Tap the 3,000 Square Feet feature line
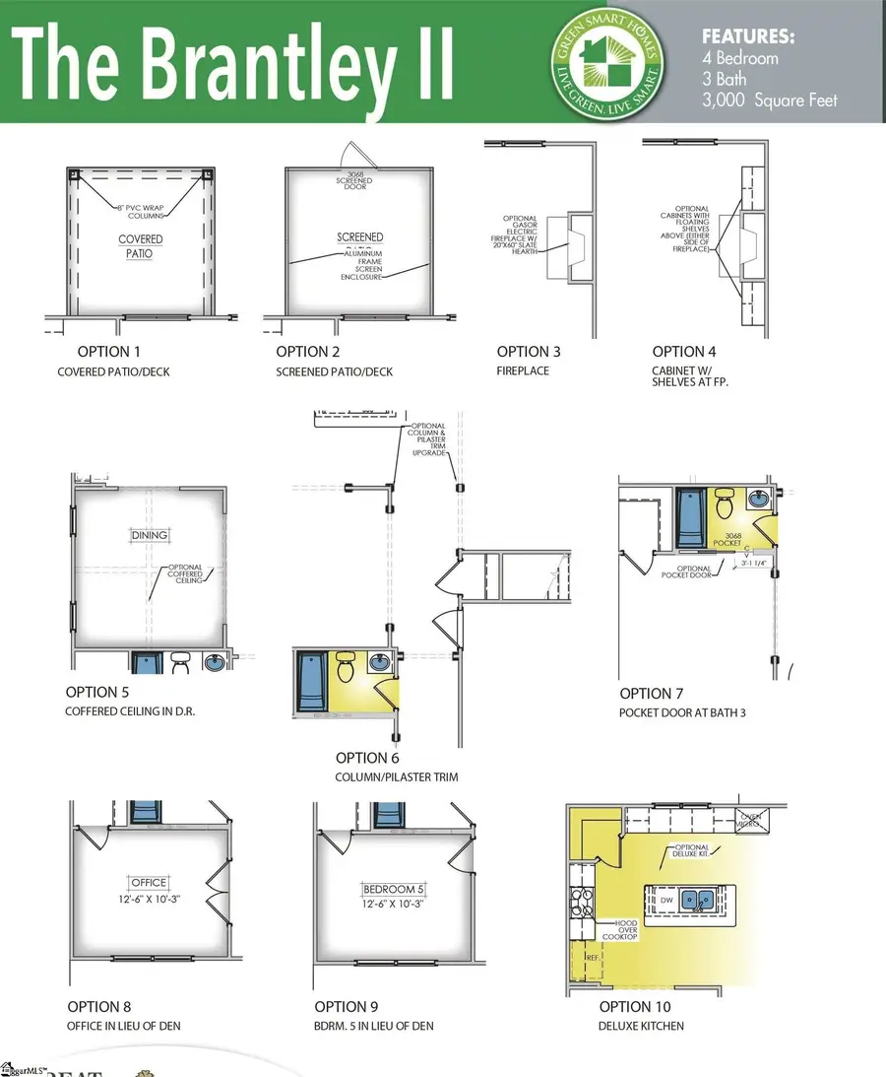point(769,100)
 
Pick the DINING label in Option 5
point(148,535)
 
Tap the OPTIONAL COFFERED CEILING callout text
point(185,574)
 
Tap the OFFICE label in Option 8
point(149,882)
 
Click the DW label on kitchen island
point(666,901)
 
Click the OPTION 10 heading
point(635,1006)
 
